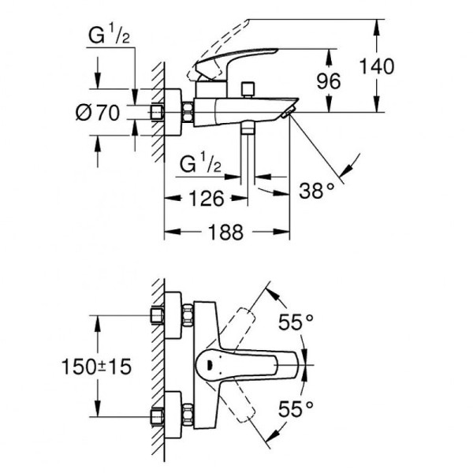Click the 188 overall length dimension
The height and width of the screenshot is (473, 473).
[226, 232]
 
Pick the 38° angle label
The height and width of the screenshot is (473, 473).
[318, 189]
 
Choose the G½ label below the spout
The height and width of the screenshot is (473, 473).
[199, 166]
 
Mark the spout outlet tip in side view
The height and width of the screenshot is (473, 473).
[289, 114]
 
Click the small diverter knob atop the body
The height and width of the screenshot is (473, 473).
[248, 86]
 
